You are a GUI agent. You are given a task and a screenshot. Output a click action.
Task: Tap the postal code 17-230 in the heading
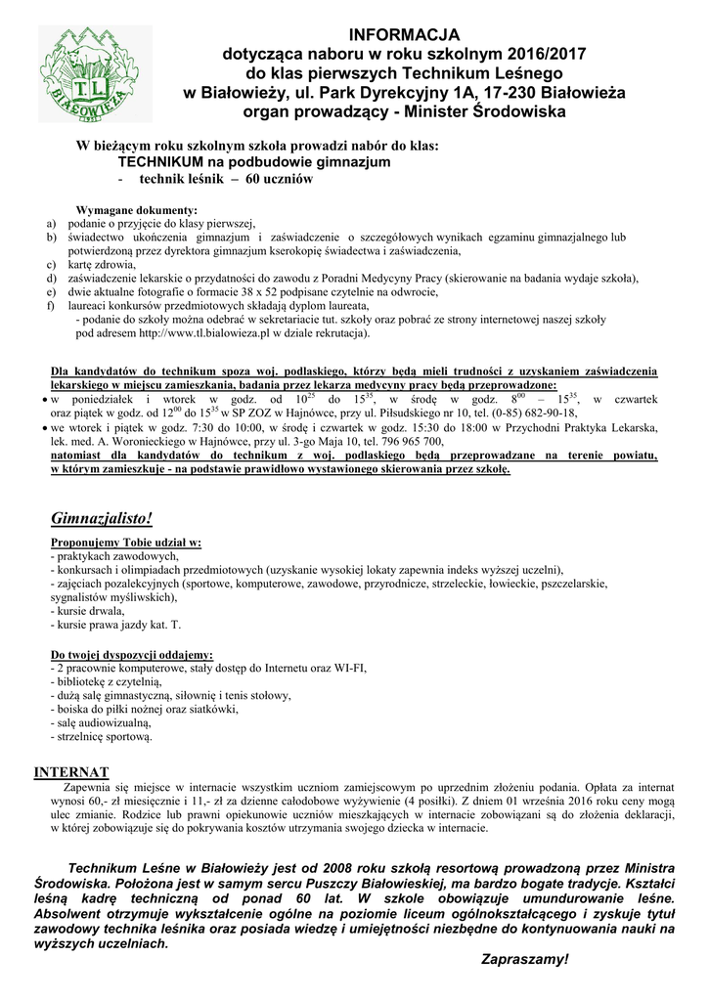point(513,92)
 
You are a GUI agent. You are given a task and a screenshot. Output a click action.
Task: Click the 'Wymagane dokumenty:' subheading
point(136,210)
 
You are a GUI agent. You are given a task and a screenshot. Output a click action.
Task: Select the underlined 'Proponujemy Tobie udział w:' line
point(126,542)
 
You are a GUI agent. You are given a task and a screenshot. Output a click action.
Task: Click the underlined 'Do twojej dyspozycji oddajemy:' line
point(132,654)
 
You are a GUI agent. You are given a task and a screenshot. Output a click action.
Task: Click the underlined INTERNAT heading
point(71,771)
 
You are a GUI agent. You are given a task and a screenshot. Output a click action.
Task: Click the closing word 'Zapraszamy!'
point(524,960)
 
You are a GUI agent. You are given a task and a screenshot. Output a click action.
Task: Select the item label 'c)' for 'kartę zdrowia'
point(51,264)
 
